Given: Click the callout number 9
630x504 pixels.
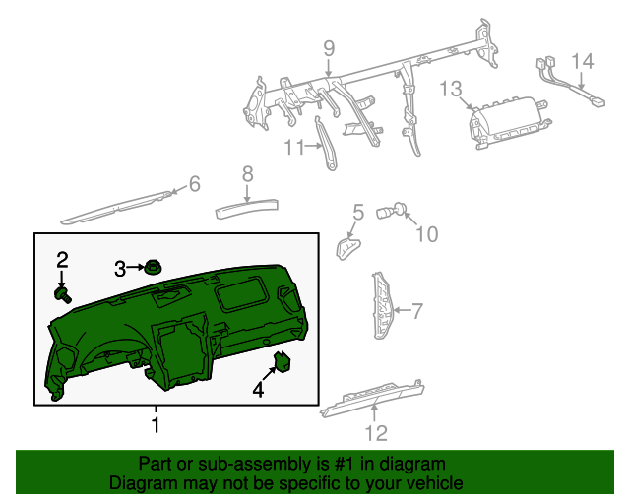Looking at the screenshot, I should point(329,48).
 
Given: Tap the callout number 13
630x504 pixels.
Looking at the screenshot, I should point(450,90).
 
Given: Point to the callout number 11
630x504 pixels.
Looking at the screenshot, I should point(295,148).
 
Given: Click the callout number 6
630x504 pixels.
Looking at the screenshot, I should point(194,183).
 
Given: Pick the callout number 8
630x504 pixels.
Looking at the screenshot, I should point(247,174).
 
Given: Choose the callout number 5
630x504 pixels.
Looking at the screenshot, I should point(358,212).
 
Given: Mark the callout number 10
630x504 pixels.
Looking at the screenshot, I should point(426,234).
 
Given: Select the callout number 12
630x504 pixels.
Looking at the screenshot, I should point(376,432).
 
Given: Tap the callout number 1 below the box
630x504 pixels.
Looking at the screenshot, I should point(155,425).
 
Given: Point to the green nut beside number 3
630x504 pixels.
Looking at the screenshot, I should point(153,266).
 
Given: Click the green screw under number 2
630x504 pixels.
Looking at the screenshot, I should point(64,292).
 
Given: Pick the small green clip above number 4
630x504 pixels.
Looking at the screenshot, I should point(283,361).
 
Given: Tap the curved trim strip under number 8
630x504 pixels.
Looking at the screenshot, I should point(247,206).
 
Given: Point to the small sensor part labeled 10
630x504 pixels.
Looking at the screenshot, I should point(401,208).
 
